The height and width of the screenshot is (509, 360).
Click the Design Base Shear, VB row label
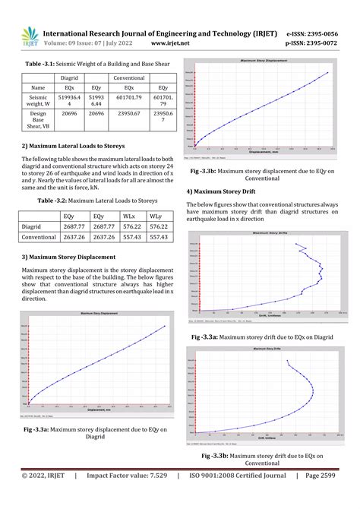click(38, 120)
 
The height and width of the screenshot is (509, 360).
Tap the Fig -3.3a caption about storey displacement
click(95, 432)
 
